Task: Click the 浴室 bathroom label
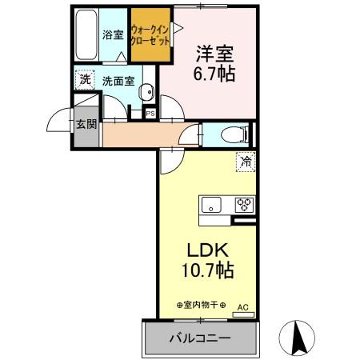[112, 35]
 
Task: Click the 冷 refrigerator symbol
[246, 162]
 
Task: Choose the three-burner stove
[244, 204]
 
